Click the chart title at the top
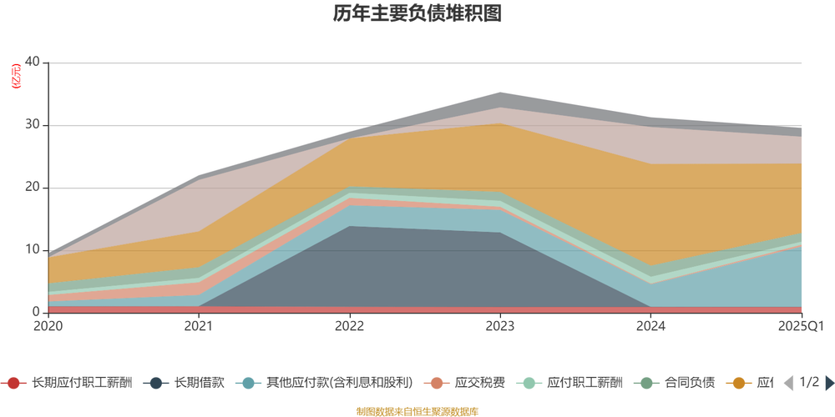[417, 14]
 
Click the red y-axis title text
[14, 75]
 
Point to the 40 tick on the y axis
[33, 62]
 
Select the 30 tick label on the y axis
[33, 124]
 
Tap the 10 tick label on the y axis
[33, 249]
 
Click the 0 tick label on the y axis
[36, 310]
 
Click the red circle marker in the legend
[13, 384]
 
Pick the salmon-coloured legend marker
[436, 384]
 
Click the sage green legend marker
[644, 384]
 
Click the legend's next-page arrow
[827, 384]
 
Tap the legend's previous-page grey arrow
[787, 384]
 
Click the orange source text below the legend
[417, 409]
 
